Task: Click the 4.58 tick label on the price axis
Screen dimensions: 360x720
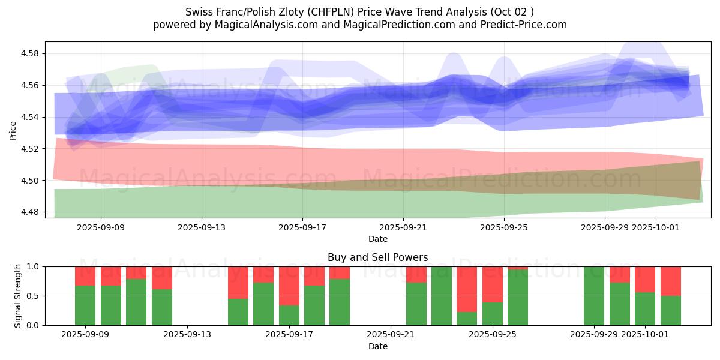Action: click(x=29, y=54)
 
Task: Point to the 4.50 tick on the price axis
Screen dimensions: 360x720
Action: click(x=29, y=181)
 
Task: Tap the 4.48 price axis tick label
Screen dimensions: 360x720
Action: click(x=29, y=212)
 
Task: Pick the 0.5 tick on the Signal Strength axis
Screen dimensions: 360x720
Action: click(x=32, y=296)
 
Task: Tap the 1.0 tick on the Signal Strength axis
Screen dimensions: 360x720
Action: click(x=32, y=267)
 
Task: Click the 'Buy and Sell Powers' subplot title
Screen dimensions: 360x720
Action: click(x=377, y=257)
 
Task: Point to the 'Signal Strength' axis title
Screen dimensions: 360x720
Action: click(x=18, y=296)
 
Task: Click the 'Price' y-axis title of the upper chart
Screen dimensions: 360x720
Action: click(x=13, y=130)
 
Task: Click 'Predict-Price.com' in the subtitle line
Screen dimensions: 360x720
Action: click(x=520, y=25)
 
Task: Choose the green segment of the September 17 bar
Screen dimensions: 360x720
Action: click(x=289, y=315)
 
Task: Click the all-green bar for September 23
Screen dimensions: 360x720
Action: click(x=442, y=296)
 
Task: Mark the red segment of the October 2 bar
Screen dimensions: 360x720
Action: click(x=671, y=281)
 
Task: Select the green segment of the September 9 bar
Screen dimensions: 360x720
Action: click(x=85, y=305)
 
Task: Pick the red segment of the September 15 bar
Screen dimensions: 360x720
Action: click(x=238, y=283)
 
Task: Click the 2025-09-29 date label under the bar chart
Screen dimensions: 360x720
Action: click(x=594, y=335)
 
